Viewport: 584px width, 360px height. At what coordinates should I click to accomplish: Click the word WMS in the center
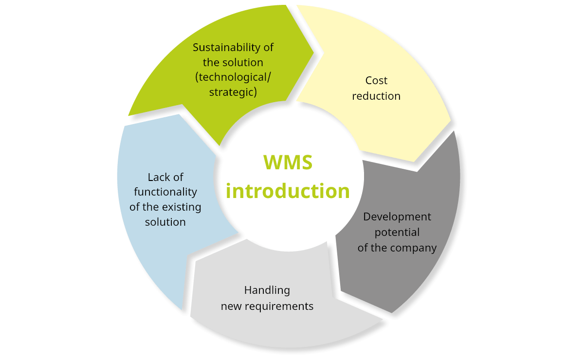click(288, 162)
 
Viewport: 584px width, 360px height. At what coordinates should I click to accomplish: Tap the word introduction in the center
click(288, 191)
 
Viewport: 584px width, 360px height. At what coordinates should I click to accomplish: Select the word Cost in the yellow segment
click(376, 80)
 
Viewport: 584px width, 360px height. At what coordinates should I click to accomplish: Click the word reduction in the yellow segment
click(376, 96)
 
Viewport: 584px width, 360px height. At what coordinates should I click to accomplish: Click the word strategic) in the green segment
click(233, 91)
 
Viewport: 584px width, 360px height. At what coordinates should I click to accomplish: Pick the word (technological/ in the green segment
click(233, 77)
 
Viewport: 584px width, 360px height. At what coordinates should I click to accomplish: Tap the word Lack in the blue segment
click(154, 177)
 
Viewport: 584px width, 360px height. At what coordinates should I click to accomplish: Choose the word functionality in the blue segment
click(165, 192)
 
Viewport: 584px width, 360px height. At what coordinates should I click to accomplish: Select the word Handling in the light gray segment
click(267, 290)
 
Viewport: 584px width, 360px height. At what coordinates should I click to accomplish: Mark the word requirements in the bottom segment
click(285, 306)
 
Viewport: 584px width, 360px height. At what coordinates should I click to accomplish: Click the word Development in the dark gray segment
click(397, 216)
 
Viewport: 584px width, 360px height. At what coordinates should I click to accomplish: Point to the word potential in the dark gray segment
click(397, 232)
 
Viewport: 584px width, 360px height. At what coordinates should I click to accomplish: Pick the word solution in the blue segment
click(165, 222)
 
